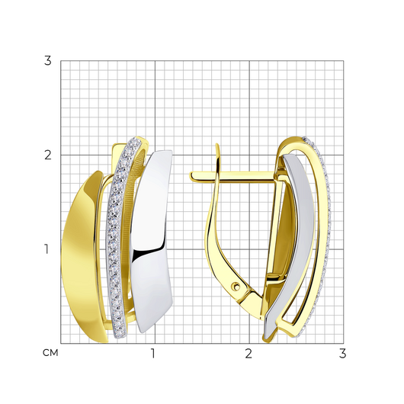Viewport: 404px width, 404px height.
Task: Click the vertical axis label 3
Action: tap(48, 61)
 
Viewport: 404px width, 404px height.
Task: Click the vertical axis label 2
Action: tap(48, 155)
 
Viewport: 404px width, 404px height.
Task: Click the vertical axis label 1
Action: tap(46, 249)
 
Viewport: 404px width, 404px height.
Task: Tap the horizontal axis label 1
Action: tap(153, 354)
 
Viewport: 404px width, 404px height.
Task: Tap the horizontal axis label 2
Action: tap(248, 354)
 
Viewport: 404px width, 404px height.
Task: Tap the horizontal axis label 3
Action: tap(342, 354)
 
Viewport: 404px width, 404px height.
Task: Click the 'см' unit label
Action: tap(50, 353)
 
